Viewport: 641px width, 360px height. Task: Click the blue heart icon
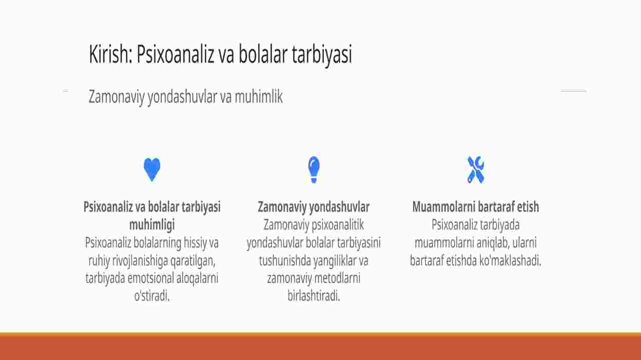[152, 169]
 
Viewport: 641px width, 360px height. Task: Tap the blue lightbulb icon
[313, 170]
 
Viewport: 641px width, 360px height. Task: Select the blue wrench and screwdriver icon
[476, 170]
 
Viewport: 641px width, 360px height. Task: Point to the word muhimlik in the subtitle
[259, 97]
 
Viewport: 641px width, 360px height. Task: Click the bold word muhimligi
[152, 225]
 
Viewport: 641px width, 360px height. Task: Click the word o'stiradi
[152, 296]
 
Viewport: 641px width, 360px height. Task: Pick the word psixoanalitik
[338, 225]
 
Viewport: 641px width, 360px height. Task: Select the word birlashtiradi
[313, 296]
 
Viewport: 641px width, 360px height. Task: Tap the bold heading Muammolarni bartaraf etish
[476, 207]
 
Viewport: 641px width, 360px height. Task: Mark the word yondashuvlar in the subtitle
[182, 97]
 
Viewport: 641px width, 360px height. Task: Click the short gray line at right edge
[573, 91]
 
